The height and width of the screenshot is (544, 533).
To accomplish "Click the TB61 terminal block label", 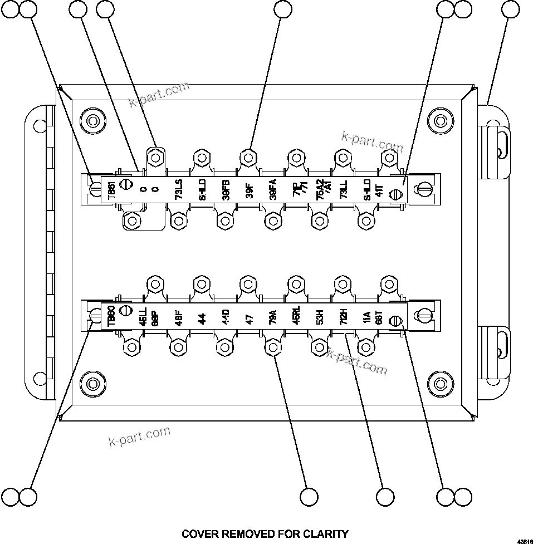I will [x=111, y=190].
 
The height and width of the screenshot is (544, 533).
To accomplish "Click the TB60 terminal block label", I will [x=111, y=317].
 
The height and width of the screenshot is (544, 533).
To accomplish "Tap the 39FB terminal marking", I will [x=226, y=191].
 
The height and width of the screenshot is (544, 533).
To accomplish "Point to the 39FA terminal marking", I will [x=272, y=191].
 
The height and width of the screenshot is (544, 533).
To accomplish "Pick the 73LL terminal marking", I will [x=344, y=191].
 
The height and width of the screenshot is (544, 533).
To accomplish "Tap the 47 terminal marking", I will [x=249, y=318].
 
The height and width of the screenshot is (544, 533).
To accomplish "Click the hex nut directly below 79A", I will [x=272, y=348].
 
